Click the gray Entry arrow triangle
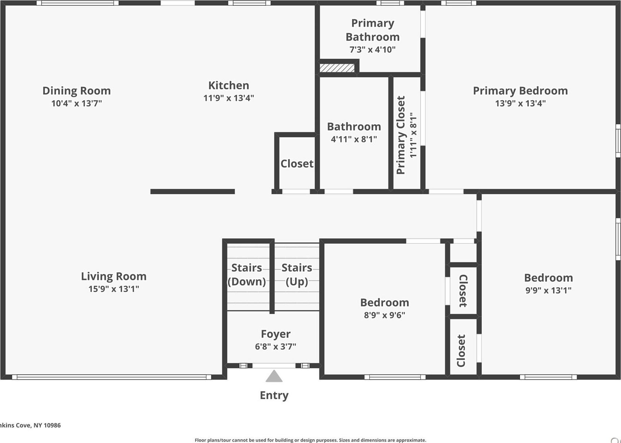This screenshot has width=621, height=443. coord(274,377)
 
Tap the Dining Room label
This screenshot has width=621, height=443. coord(77,91)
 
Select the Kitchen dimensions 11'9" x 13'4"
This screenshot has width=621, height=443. coord(229,98)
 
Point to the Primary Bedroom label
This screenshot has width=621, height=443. coord(520,91)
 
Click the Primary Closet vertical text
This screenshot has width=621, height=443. coord(401,135)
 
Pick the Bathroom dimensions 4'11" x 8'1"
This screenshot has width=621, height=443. coord(354,139)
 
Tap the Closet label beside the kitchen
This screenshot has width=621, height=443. coord(297,164)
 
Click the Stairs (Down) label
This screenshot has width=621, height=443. coord(247,275)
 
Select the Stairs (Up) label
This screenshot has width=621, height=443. coord(297,275)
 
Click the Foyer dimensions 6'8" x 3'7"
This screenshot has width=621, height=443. coord(276,346)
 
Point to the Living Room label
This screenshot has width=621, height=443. coord(114,277)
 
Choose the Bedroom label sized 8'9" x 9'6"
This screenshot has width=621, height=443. coord(384,303)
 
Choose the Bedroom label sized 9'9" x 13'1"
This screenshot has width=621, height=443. coord(548,278)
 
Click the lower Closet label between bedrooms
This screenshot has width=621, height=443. coord(461,351)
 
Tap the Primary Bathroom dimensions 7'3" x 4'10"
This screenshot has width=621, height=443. coord(372,50)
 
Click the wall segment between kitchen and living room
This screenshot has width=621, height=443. coord(192,192)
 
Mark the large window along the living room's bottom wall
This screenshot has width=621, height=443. coord(112,377)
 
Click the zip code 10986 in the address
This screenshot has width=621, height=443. coord(52,425)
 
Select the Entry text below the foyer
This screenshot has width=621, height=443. coord(274,395)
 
